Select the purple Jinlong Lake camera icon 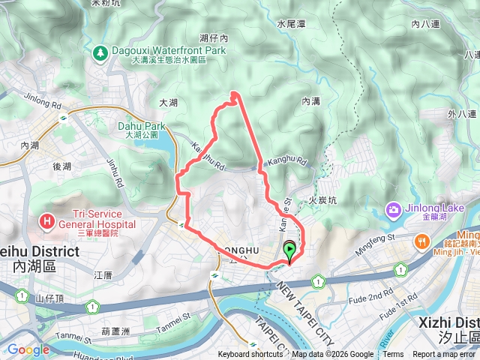[x=392, y=208]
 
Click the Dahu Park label [x=141, y=126]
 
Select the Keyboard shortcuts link [x=250, y=355]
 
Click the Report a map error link [x=443, y=355]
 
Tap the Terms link [x=393, y=355]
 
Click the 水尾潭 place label [x=291, y=24]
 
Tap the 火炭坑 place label [x=322, y=201]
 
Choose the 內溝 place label [x=311, y=100]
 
